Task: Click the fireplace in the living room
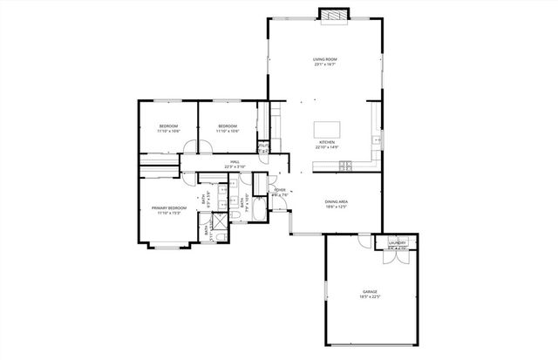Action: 332,16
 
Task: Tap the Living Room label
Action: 325,61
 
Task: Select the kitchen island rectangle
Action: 328,129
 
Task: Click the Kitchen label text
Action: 327,144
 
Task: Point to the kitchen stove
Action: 346,165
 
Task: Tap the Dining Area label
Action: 337,203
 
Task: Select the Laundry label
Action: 398,243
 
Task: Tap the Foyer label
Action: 280,191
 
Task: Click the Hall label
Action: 235,163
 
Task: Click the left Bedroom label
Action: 168,128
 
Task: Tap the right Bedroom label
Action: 228,128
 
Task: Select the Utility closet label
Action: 263,146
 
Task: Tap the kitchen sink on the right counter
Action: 377,137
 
